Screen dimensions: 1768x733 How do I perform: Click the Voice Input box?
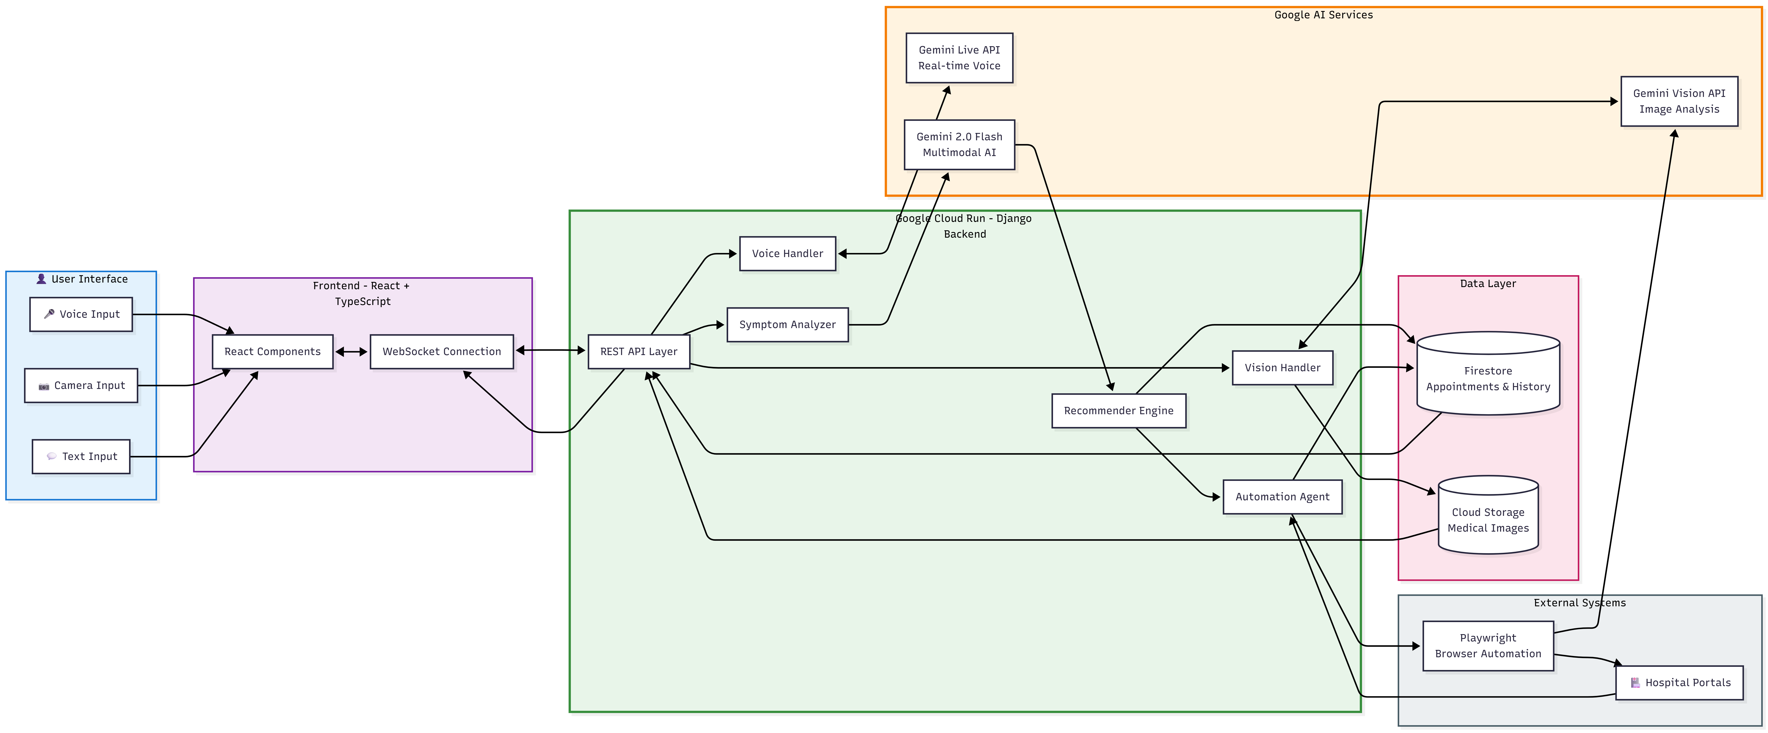(x=81, y=314)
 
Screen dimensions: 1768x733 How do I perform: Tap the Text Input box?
(x=81, y=457)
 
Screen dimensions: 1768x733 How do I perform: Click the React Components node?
(x=273, y=351)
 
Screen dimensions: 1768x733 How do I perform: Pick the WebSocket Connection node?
(x=442, y=351)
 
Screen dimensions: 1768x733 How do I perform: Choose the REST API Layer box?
(x=639, y=351)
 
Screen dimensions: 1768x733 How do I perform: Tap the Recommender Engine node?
(x=1119, y=411)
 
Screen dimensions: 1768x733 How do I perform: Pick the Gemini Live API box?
(x=960, y=58)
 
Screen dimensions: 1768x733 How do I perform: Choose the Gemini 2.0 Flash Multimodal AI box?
(x=960, y=145)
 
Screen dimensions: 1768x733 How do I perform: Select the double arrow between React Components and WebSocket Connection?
(x=351, y=351)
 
